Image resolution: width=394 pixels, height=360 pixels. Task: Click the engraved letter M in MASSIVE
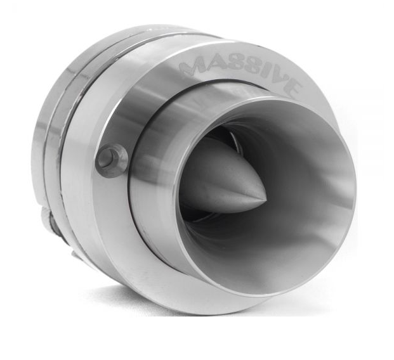190,64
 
